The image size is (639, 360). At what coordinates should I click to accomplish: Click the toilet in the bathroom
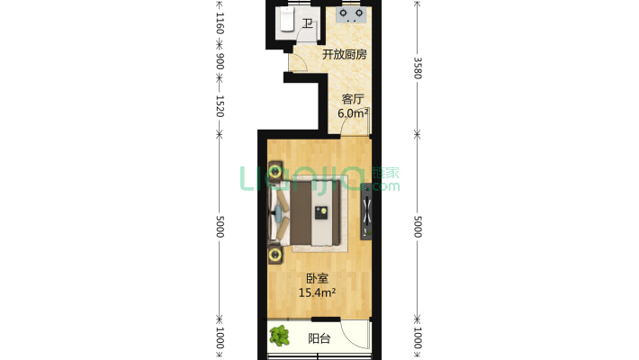(x=287, y=19)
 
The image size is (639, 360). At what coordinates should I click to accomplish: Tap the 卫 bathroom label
(x=308, y=24)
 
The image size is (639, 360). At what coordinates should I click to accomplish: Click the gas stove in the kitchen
(x=350, y=14)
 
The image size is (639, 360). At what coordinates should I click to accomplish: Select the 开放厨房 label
(x=345, y=54)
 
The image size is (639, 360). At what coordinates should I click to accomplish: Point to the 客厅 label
(x=352, y=100)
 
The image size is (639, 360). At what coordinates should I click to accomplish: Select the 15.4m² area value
(x=317, y=292)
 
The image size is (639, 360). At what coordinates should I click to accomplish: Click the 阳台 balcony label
(x=319, y=339)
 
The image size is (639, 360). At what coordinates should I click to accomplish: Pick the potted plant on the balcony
(x=280, y=337)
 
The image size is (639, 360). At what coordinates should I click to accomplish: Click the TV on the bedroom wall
(x=366, y=214)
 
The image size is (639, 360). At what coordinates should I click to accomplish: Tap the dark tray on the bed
(x=319, y=213)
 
